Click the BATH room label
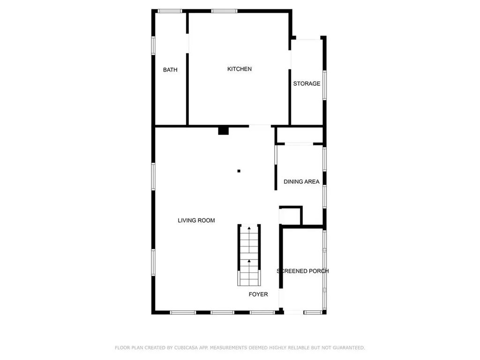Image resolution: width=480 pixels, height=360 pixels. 170,70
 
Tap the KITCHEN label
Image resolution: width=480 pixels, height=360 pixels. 240,69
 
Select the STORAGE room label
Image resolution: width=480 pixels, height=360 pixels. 307,84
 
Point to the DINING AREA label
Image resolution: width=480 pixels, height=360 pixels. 301,181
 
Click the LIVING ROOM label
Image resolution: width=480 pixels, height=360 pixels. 196,220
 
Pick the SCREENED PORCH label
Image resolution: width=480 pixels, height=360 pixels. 303,271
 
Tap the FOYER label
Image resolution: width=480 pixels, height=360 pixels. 258,294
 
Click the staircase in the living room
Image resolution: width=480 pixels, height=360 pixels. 249,255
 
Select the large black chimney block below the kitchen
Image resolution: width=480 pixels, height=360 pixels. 224,130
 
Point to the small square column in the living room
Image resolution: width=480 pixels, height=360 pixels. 239,171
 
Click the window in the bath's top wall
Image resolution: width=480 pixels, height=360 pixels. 170,11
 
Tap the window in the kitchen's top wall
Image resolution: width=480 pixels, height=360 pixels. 224,11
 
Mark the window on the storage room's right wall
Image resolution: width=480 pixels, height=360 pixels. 324,85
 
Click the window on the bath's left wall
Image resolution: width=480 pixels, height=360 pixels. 153,45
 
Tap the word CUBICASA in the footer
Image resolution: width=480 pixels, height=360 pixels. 186,348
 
